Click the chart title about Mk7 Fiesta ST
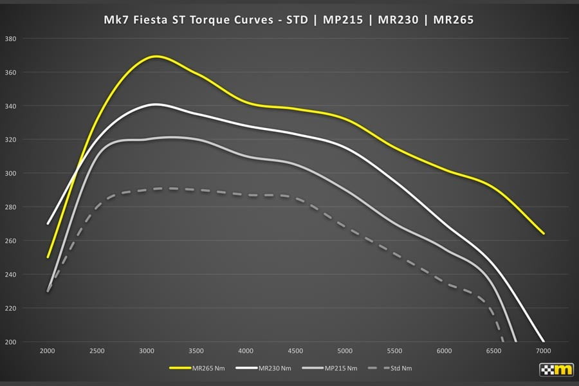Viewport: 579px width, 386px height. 289,20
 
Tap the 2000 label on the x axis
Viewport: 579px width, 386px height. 48,351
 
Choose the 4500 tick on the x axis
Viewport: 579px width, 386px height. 296,351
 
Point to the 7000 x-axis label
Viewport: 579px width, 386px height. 544,351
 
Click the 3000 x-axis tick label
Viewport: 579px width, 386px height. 147,351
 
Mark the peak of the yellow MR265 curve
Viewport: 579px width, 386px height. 156,57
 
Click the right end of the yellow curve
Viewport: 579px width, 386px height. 544,234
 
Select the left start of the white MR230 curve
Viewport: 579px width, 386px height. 48,224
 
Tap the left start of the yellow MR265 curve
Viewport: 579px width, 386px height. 48,257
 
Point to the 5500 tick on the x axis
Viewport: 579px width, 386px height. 395,351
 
